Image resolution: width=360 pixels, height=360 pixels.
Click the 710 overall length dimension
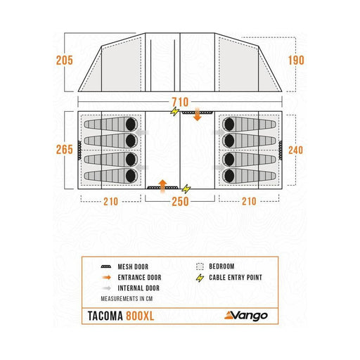180,102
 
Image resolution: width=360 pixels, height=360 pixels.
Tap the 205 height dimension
65,60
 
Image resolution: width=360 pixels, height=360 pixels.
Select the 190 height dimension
296,60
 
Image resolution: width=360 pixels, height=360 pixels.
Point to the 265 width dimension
65,150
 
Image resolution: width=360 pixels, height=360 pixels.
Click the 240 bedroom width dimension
295,150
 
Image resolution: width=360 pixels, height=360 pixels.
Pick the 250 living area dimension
180,202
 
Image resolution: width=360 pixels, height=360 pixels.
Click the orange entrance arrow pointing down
198,115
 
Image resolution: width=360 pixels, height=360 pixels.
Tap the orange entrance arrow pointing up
162,186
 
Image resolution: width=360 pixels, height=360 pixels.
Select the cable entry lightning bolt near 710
174,111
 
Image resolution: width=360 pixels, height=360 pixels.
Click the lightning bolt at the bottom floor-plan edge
186,188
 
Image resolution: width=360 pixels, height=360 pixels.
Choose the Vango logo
246,316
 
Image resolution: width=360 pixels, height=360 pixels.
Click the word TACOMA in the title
105,316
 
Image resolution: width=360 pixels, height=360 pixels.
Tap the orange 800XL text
140,316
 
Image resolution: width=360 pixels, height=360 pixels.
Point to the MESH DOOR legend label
133,266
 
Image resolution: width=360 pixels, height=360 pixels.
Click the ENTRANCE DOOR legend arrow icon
107,278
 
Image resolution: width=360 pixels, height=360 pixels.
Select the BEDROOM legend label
221,266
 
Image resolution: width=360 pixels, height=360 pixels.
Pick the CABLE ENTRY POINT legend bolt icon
200,278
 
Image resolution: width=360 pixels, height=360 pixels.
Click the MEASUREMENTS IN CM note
127,299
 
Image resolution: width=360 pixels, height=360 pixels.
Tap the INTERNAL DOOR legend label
139,288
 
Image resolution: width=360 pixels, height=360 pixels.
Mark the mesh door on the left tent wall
79,150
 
